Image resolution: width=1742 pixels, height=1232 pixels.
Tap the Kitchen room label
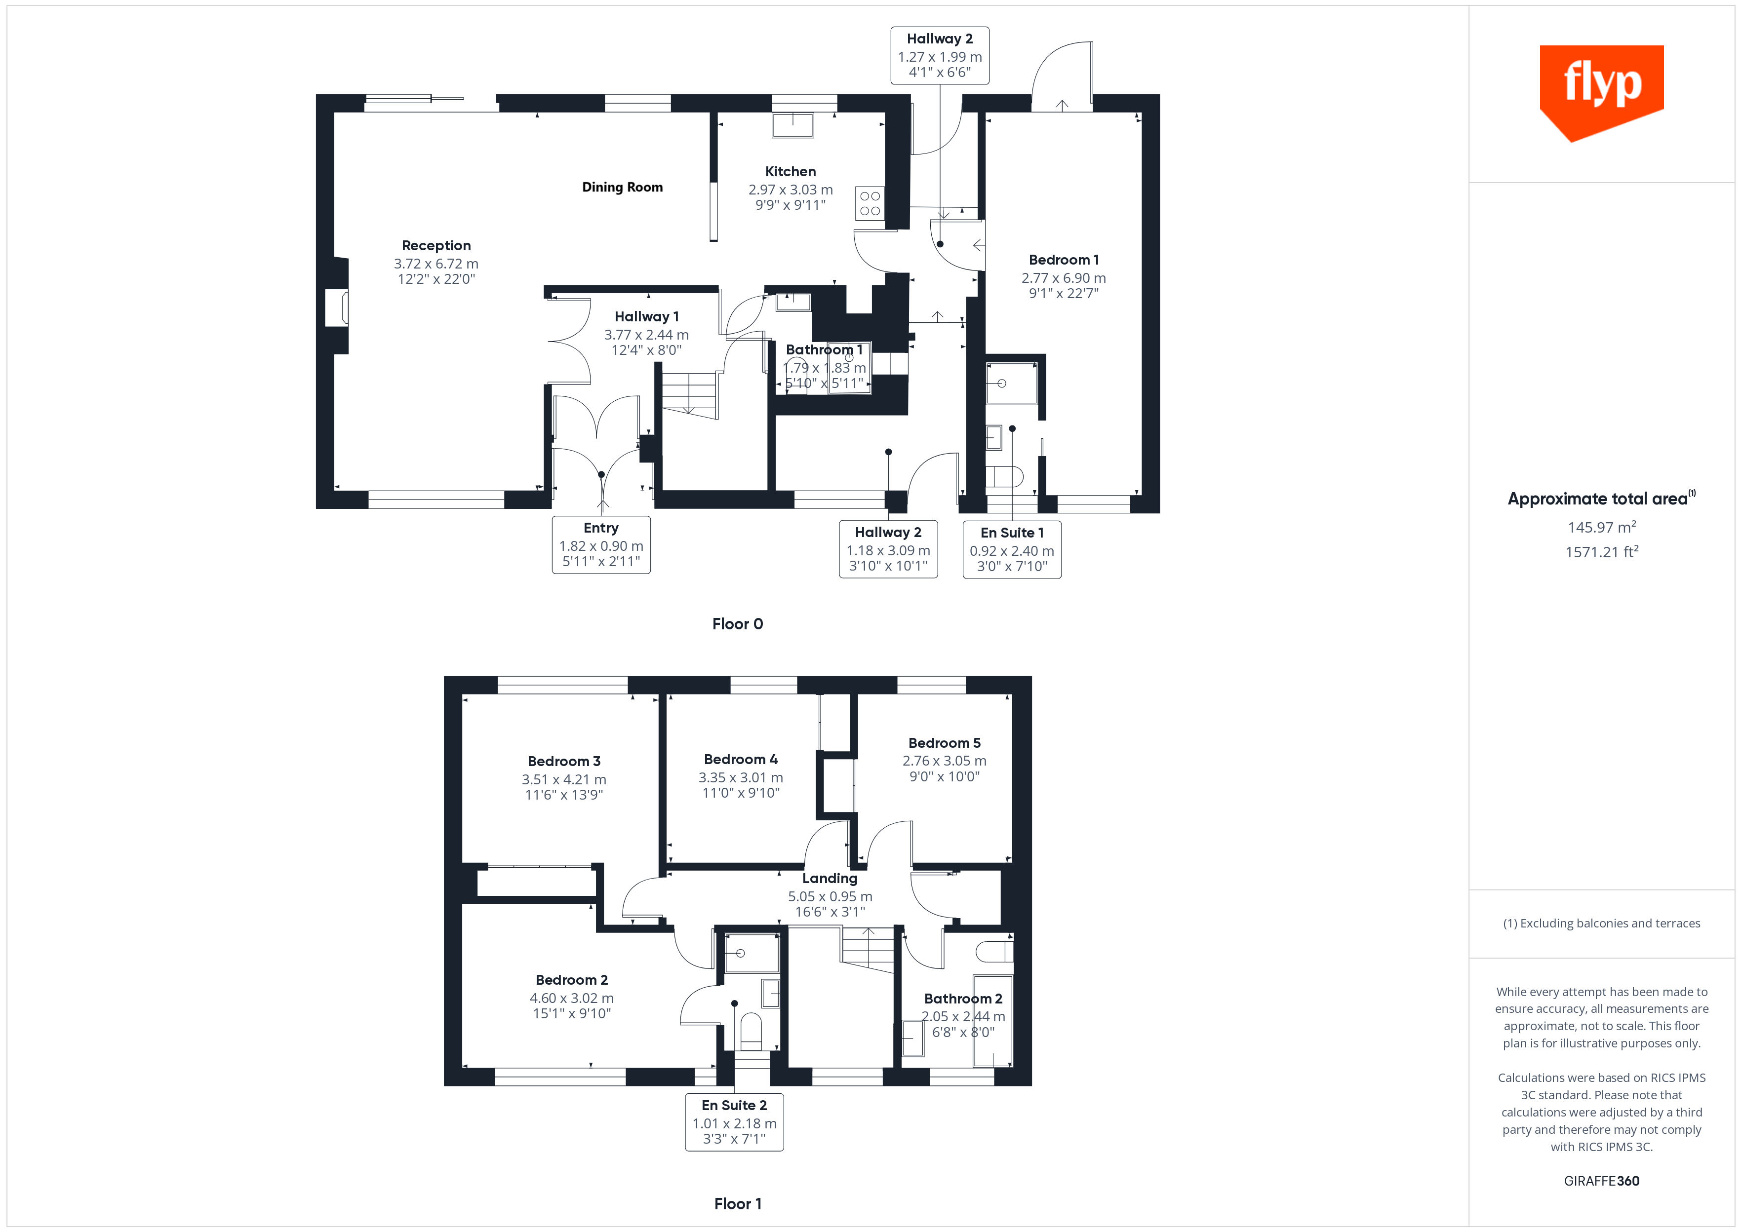[790, 171]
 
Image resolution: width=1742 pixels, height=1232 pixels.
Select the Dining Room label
[622, 188]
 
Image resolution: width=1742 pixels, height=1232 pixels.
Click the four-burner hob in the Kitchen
[870, 203]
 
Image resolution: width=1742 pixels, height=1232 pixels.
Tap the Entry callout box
[601, 545]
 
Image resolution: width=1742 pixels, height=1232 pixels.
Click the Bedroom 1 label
[1063, 260]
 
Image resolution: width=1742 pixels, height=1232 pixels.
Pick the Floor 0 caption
[738, 624]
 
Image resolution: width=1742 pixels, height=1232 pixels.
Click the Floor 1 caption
[738, 1204]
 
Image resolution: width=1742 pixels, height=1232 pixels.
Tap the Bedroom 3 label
[564, 762]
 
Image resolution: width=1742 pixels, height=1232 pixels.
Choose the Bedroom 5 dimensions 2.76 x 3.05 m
[944, 761]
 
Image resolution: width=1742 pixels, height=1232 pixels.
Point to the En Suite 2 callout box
[734, 1122]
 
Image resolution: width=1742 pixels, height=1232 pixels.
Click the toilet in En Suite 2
[751, 1030]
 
